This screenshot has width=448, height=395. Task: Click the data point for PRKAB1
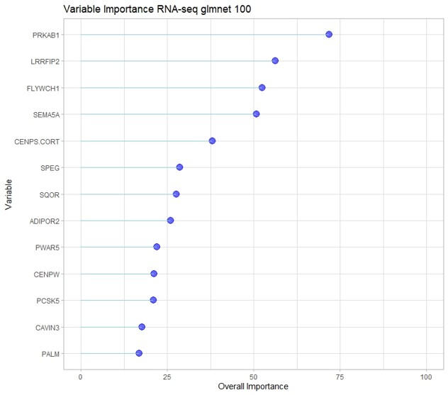(x=329, y=34)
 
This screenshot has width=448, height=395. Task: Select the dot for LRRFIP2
(x=275, y=61)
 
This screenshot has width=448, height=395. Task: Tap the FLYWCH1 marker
(x=262, y=87)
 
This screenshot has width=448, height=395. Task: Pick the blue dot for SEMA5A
(x=257, y=113)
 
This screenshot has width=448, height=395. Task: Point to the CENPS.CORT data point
(x=212, y=140)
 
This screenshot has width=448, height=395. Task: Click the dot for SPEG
(x=179, y=167)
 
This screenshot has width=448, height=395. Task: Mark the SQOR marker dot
(x=176, y=194)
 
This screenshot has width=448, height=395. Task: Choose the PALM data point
(x=139, y=353)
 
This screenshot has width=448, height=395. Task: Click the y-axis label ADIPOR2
(x=45, y=221)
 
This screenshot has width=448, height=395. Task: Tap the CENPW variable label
(x=47, y=274)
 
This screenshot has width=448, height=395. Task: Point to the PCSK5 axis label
(x=48, y=300)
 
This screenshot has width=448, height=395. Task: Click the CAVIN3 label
(x=47, y=327)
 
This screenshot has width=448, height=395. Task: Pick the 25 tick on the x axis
(x=167, y=376)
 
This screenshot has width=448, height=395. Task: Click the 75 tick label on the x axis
(x=340, y=376)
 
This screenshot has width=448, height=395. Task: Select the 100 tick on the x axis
(x=427, y=376)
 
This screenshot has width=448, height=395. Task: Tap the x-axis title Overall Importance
(x=253, y=387)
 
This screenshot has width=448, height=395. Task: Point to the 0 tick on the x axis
(x=81, y=376)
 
